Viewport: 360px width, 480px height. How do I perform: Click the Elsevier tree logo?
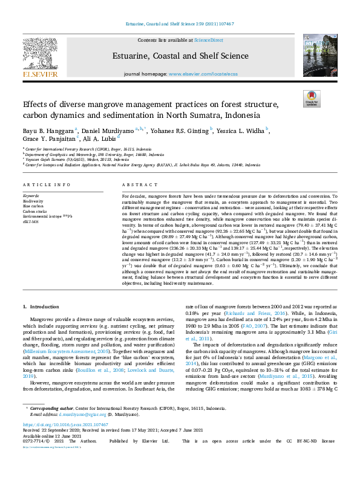pyautogui.click(x=40, y=56)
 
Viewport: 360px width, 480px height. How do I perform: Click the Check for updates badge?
pyautogui.click(x=312, y=98)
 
